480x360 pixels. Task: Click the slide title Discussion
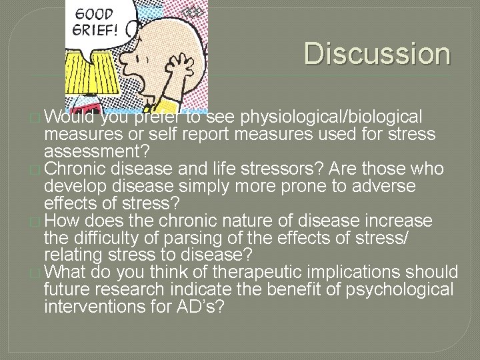377,53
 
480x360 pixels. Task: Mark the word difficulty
99,237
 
